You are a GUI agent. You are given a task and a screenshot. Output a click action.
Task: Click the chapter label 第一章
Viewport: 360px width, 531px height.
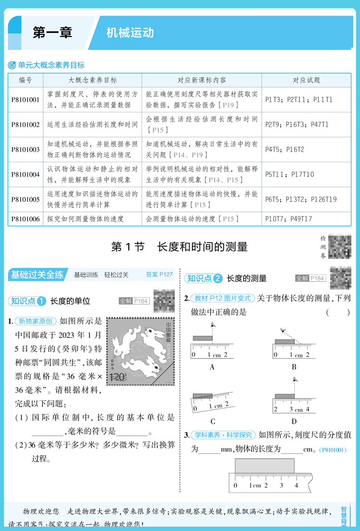[x=52, y=32]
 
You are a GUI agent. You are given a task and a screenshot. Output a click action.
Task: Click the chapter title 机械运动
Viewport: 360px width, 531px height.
[x=130, y=32]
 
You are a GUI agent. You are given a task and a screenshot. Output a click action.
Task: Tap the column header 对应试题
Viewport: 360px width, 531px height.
[x=306, y=80]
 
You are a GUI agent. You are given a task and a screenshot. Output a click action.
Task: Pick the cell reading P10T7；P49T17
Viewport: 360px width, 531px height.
[x=288, y=219]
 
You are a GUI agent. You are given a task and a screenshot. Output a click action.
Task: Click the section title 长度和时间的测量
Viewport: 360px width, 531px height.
[x=202, y=247]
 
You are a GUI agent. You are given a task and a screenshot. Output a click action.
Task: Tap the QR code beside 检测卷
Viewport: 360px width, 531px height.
[x=340, y=247]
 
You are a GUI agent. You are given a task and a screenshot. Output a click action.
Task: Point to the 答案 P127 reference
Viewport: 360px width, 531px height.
[x=159, y=275]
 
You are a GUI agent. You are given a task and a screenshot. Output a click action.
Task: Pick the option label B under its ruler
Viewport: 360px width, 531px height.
[x=294, y=367]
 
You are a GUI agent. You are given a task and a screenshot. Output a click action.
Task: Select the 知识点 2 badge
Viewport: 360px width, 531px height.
[x=204, y=278]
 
